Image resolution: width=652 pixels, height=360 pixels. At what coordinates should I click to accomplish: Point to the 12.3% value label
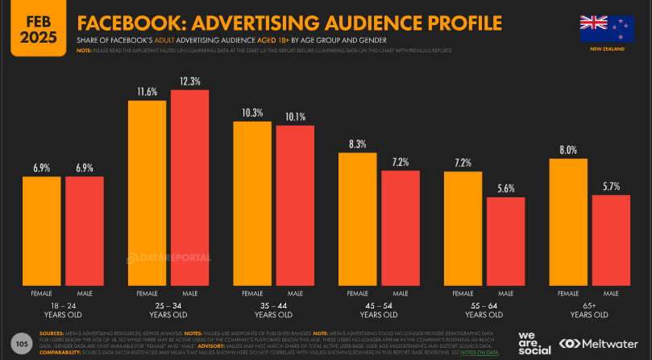(190, 81)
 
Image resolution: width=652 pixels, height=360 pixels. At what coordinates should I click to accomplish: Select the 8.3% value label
(358, 144)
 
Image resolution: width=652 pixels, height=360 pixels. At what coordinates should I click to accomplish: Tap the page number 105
(22, 344)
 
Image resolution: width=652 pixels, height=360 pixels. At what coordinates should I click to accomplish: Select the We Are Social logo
(535, 342)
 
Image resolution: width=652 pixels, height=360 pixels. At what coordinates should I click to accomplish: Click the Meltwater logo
(600, 343)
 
